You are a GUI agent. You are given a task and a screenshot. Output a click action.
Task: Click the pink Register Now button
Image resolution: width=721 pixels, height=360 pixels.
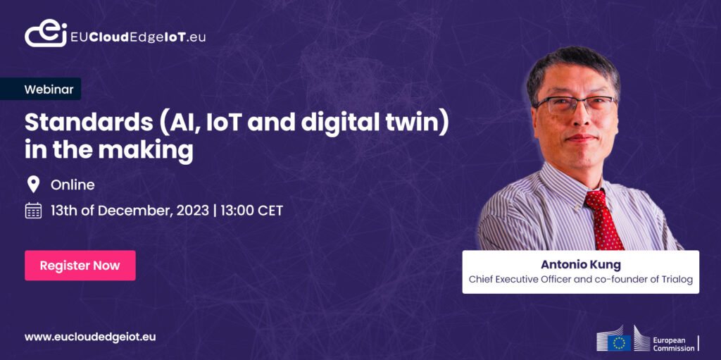[x=80, y=265]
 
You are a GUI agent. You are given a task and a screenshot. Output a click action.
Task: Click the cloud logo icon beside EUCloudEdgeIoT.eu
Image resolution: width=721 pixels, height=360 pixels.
[x=46, y=34]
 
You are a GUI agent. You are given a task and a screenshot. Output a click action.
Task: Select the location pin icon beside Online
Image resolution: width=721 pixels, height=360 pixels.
[x=33, y=185]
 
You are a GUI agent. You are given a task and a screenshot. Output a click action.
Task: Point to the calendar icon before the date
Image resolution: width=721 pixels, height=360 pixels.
[x=33, y=211]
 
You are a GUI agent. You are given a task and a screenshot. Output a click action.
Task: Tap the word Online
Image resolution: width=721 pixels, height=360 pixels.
[x=73, y=185]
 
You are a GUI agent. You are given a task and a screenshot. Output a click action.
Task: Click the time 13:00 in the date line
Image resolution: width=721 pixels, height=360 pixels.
[x=235, y=211]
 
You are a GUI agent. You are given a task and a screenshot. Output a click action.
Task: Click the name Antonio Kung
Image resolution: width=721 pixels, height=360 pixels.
[x=580, y=265]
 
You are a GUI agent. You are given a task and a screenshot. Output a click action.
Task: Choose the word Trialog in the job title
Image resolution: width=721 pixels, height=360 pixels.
[x=676, y=280]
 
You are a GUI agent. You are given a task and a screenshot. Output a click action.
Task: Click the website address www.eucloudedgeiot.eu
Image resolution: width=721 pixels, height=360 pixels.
[x=90, y=337]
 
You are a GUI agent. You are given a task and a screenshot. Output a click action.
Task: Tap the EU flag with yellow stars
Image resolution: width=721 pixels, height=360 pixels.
[x=619, y=343]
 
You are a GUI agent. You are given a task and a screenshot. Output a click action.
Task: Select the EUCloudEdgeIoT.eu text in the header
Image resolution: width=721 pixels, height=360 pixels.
[x=138, y=37]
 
